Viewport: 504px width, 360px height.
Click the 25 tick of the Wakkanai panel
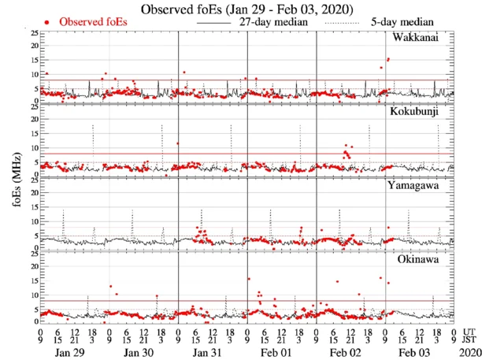coord(32,33)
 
